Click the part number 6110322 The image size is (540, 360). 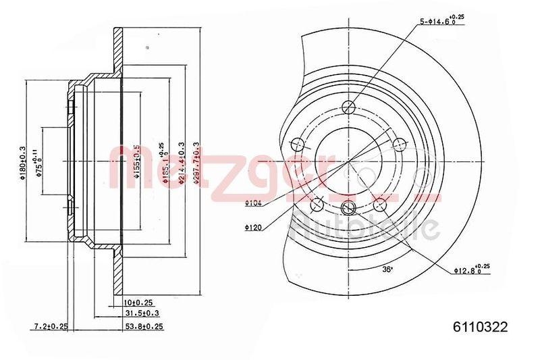point(479,327)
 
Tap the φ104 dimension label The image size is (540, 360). point(254,202)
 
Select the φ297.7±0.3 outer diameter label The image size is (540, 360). point(196,162)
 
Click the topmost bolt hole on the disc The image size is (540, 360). point(348,106)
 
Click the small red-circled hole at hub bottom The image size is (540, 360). point(348,207)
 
